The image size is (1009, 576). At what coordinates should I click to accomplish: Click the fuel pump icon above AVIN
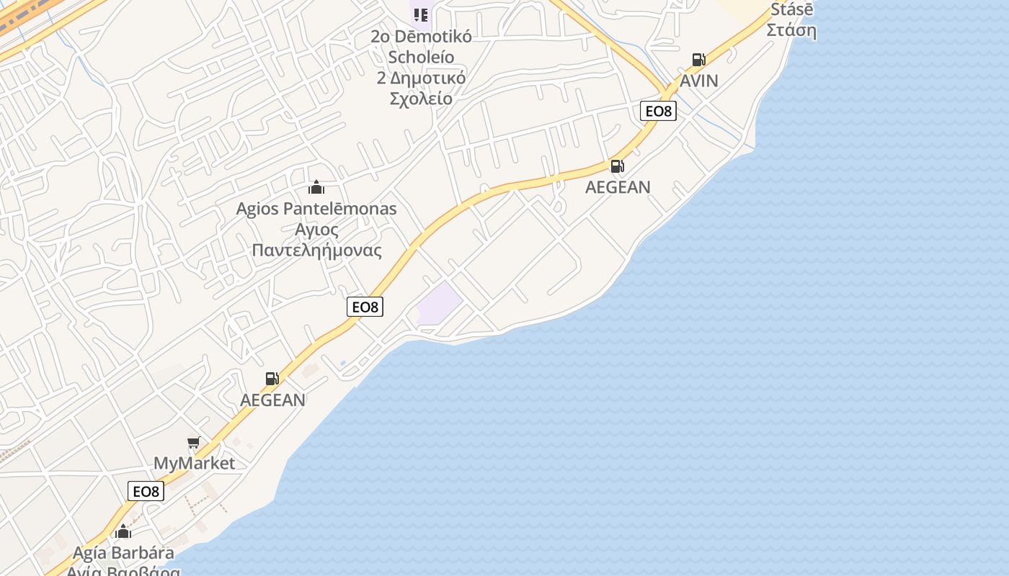[698, 60]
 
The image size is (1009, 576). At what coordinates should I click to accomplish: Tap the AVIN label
[699, 81]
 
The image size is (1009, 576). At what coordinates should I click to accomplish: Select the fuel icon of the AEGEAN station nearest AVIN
[617, 166]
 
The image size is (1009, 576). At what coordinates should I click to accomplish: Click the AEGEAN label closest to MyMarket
[272, 400]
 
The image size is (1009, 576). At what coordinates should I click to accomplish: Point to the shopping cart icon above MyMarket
[193, 443]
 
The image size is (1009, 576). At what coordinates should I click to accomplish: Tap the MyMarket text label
[195, 463]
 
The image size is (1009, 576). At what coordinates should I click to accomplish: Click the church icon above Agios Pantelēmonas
[316, 188]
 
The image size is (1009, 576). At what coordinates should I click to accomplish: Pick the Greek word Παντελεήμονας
[317, 251]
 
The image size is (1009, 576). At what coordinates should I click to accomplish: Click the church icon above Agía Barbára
[123, 532]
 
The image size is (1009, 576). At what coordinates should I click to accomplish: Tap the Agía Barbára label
[123, 553]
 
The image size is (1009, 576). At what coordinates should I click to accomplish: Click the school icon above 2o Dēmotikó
[421, 14]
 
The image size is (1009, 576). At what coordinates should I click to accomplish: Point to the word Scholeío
[421, 57]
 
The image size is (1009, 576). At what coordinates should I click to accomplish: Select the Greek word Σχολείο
[421, 99]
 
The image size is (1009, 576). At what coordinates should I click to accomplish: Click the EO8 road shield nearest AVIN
[658, 111]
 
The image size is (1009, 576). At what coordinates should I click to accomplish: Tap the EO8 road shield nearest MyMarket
[146, 492]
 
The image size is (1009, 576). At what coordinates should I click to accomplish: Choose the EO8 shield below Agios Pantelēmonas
[365, 307]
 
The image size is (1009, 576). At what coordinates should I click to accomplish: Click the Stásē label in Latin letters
[791, 10]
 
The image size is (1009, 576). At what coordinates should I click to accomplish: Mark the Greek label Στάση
[791, 30]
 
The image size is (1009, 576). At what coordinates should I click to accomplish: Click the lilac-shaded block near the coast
[438, 305]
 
